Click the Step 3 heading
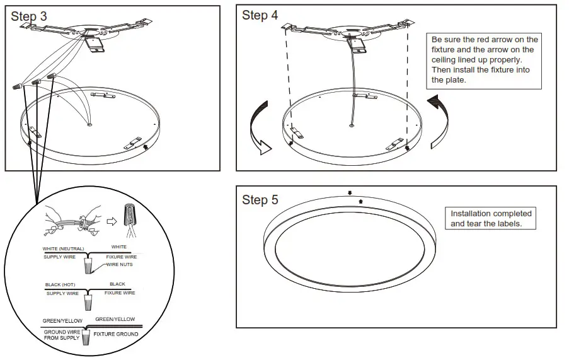click(28, 17)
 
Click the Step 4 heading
click(260, 16)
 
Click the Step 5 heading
click(260, 200)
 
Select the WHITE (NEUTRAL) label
click(63, 248)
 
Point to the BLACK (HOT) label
click(60, 285)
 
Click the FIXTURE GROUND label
click(113, 334)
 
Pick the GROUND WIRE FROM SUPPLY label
click(62, 335)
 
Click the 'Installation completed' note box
click(491, 219)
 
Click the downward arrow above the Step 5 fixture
click(350, 193)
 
